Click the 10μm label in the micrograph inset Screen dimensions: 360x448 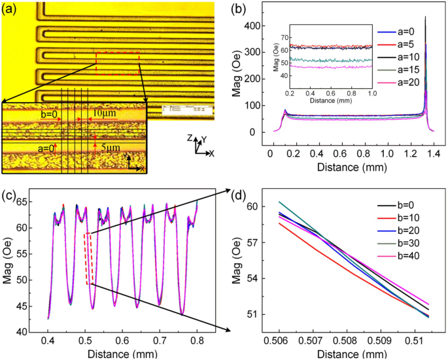[102, 115]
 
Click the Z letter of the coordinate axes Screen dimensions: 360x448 [188, 139]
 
